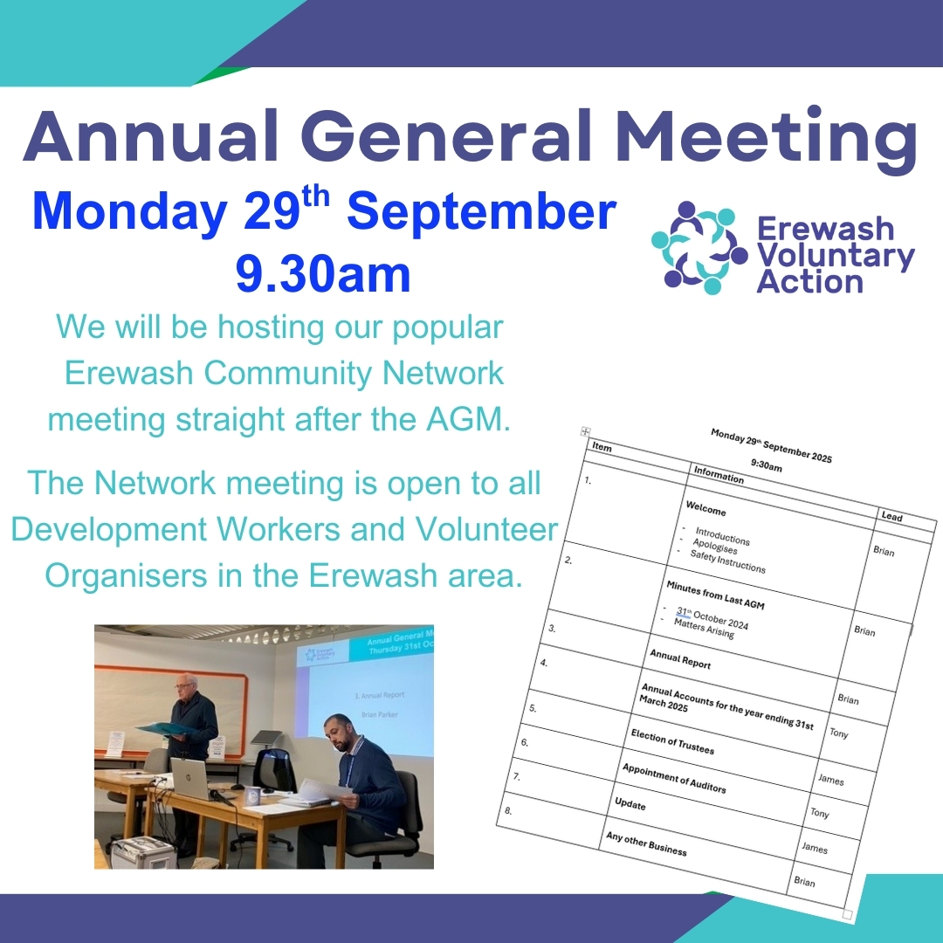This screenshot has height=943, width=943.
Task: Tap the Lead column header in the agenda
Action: point(891,517)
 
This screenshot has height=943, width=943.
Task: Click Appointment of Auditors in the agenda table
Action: point(673,777)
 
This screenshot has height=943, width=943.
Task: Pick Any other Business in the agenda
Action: point(646,843)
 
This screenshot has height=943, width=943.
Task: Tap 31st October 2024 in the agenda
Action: point(712,618)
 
